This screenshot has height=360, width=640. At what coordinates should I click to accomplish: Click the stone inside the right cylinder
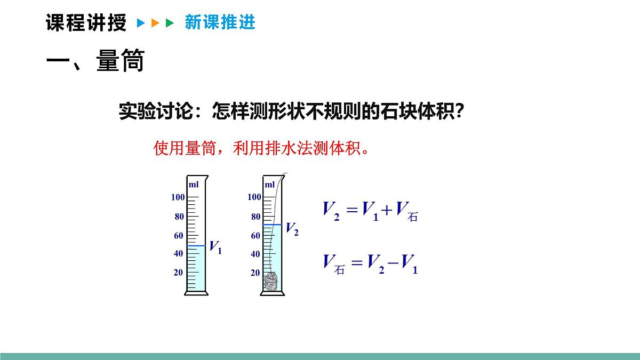point(271,281)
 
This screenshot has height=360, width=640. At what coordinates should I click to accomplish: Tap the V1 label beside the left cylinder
point(215,247)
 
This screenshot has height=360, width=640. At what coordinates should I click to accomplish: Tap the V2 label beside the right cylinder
point(292,229)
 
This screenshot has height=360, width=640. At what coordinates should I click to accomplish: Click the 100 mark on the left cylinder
point(178,197)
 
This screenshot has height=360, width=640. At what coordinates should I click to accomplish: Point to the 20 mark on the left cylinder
point(178,273)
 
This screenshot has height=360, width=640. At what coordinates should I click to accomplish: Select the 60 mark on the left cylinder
point(179,236)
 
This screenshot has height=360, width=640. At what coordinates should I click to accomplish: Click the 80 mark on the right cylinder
point(255,217)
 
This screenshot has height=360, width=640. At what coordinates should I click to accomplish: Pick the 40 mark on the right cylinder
point(255,254)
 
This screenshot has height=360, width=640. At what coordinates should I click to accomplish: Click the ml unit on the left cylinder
point(193,185)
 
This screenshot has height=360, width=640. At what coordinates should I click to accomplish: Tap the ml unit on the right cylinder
point(270,185)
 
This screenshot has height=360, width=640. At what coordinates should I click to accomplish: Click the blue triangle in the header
point(141,23)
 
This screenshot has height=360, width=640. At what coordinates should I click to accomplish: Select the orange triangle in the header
point(155,23)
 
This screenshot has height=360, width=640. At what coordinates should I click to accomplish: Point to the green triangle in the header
point(170,23)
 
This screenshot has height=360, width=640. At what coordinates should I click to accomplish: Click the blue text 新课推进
point(220,22)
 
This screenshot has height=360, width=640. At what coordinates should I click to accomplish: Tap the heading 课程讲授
point(86,23)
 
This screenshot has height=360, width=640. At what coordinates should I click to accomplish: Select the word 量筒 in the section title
point(121,62)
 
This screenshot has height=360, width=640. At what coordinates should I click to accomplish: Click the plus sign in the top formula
point(387,210)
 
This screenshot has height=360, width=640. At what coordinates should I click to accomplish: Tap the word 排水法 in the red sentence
point(284,148)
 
